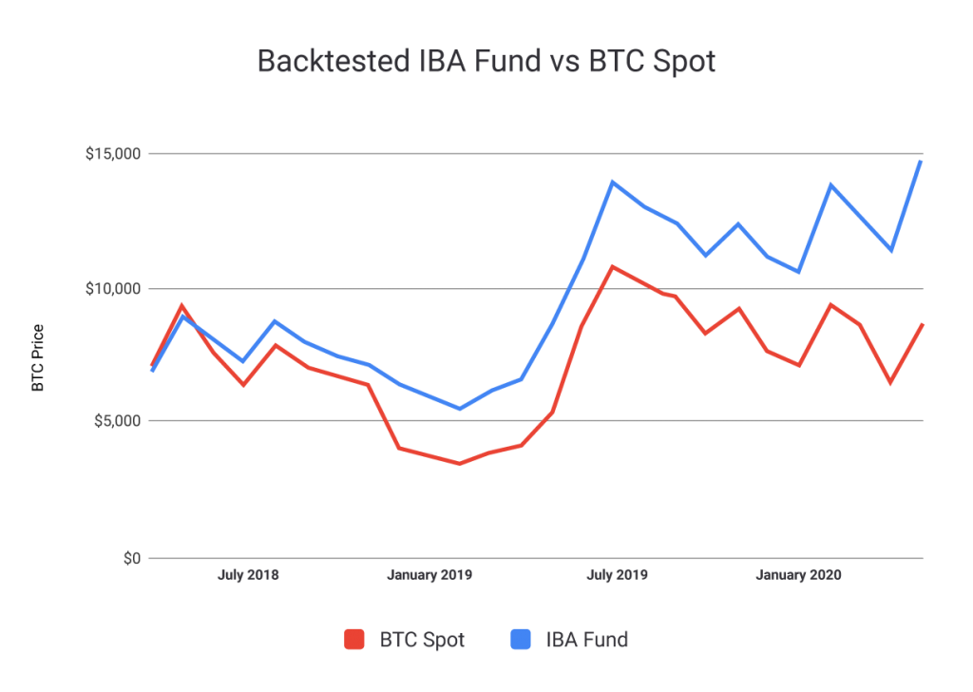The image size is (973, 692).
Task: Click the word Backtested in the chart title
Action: (334, 62)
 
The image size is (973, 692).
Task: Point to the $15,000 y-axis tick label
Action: (114, 154)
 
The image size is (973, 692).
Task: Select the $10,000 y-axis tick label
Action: (114, 289)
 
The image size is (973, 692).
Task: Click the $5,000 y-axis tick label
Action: (118, 421)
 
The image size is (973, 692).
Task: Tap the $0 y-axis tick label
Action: (132, 559)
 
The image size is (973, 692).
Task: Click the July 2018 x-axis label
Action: (248, 575)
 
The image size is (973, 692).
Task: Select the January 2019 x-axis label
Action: (429, 575)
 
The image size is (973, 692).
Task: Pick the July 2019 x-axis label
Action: (617, 575)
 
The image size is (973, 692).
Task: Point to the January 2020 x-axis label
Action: (798, 575)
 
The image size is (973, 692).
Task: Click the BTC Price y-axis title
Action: (38, 358)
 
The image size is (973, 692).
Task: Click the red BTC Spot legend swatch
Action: (354, 640)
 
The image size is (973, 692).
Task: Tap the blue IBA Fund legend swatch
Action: (521, 640)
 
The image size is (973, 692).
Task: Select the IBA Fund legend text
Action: (587, 640)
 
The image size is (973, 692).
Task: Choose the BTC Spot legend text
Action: (422, 640)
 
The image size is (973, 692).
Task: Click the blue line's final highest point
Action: (921, 162)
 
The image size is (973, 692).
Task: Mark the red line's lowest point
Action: (460, 464)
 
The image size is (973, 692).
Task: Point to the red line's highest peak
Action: (613, 267)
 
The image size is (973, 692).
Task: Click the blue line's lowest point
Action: (460, 409)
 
